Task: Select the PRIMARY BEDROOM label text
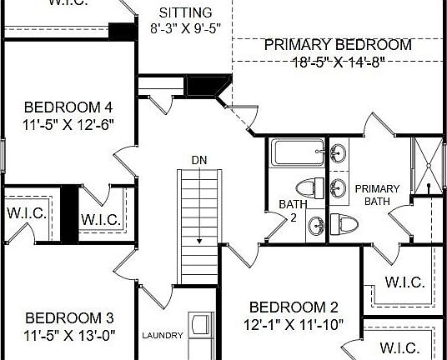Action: coord(338,45)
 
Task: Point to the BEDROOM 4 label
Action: coord(68,107)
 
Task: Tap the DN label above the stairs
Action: coord(199,159)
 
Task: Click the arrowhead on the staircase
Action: coord(200,239)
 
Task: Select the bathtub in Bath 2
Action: coord(297,153)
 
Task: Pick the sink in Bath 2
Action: coord(318,223)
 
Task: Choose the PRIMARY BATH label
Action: coord(377,195)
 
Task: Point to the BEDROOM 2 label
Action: coord(293,307)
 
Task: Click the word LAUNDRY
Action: coord(162,335)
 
